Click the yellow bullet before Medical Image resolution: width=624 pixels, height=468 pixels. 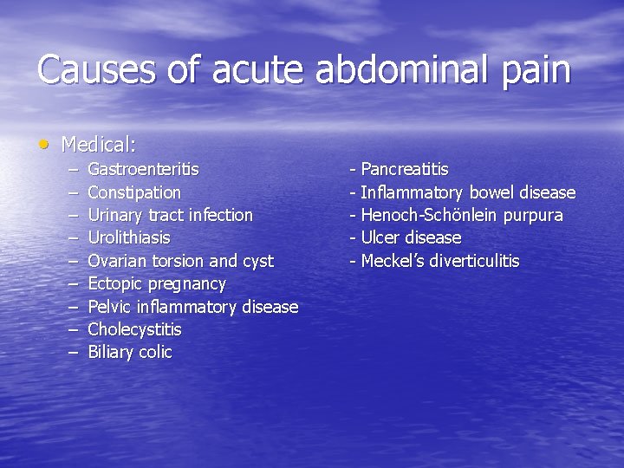pyautogui.click(x=44, y=141)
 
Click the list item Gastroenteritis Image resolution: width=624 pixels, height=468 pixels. pyautogui.click(x=143, y=169)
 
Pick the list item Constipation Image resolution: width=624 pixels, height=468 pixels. pyautogui.click(x=134, y=192)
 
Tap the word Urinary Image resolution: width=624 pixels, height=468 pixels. pyautogui.click(x=116, y=215)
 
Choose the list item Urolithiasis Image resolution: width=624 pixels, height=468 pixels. pyautogui.click(x=129, y=237)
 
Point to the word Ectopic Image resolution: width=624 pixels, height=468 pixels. pyautogui.click(x=115, y=283)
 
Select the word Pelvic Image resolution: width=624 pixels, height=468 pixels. pyautogui.click(x=110, y=307)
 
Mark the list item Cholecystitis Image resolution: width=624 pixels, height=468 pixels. pyautogui.click(x=134, y=329)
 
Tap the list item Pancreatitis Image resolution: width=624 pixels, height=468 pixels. pyautogui.click(x=404, y=169)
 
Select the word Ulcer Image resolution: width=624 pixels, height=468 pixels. pyautogui.click(x=379, y=237)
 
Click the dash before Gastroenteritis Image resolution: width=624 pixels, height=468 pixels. pyautogui.click(x=70, y=169)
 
